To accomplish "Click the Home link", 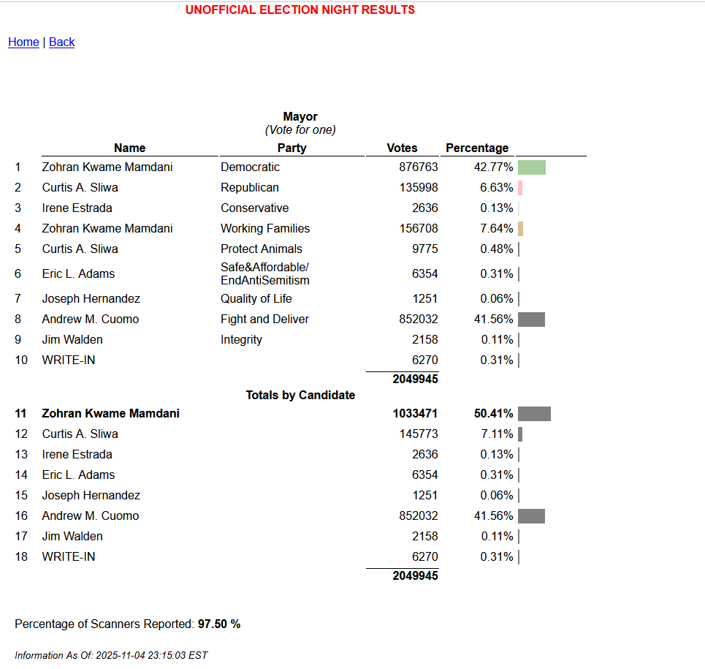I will (x=23, y=42).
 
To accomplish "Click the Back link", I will (x=62, y=42).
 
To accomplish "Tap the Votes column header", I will (x=402, y=148).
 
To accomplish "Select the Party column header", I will (x=292, y=148).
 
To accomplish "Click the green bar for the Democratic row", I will (x=532, y=167).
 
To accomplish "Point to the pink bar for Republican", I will (x=520, y=188).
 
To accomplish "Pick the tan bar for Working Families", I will (x=521, y=229).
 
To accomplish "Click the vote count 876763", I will (x=418, y=167).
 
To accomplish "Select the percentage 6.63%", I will (x=496, y=188).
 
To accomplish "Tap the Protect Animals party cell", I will (x=262, y=249).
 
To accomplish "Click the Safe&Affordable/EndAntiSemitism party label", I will (x=265, y=274).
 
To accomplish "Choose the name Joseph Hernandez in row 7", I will (x=91, y=299).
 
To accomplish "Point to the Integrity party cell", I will (x=241, y=340).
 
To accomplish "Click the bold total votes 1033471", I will (x=415, y=414).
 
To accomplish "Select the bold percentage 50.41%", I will (x=493, y=414).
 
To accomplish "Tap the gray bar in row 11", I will (x=534, y=414).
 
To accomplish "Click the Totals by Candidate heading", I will (x=300, y=396).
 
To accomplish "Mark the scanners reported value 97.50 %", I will (x=219, y=624).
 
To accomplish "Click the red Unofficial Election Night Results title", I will (x=300, y=10).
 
